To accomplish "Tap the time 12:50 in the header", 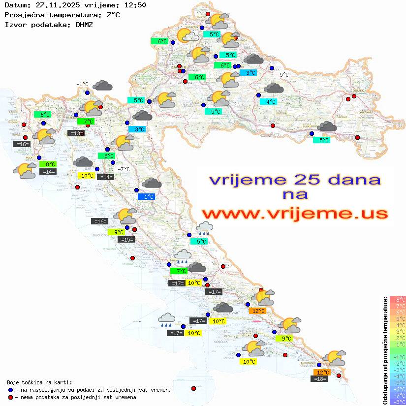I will pos(135,5).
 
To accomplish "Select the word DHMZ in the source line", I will pos(84,24).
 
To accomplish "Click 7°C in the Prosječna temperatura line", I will pos(112,15).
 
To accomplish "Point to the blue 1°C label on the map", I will pos(147,196).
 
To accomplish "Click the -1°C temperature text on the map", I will pos(82,84).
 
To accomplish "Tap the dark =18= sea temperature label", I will pos(320,378).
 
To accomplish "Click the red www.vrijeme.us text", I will pos(294,214).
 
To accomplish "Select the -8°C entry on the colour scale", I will pos(397,402).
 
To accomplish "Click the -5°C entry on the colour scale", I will pos(397,382).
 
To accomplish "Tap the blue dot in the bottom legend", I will pos(10,390).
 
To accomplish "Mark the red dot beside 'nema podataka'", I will pos(10,397).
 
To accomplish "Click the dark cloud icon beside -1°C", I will pos(102,86).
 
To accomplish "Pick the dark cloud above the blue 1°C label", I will pos(152,183).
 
